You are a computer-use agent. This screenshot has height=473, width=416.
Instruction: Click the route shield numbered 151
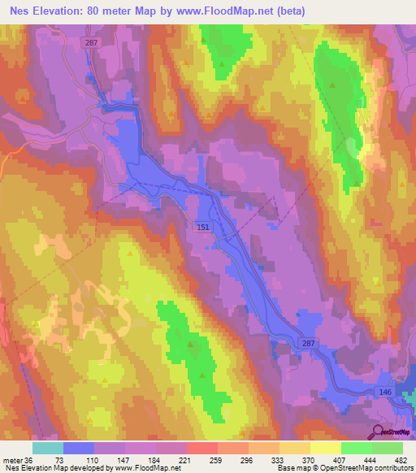click(203, 229)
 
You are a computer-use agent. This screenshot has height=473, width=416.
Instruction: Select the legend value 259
click(217, 459)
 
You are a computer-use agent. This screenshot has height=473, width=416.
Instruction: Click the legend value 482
click(397, 459)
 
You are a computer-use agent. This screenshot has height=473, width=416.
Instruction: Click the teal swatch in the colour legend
click(48, 448)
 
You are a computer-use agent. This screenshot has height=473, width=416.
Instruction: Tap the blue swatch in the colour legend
click(79, 448)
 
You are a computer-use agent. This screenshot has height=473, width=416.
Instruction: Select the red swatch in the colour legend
click(202, 448)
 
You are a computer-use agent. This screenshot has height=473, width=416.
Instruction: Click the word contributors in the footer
click(391, 469)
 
